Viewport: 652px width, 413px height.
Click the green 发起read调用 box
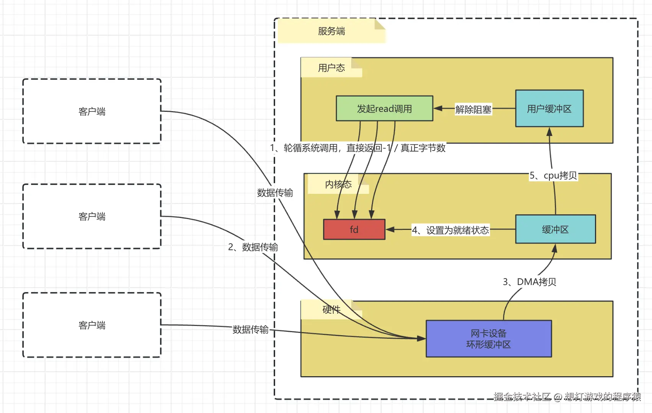(385, 108)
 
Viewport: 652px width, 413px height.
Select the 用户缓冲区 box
(549, 108)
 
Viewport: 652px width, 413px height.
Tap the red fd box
(354, 229)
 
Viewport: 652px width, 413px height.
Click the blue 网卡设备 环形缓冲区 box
(489, 339)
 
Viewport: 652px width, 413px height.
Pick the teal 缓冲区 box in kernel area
(555, 229)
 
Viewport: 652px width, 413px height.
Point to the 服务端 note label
(331, 31)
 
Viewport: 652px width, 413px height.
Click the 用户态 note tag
(331, 67)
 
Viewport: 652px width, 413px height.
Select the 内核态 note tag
(338, 184)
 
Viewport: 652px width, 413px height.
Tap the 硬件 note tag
(331, 310)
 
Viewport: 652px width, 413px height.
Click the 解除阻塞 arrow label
(473, 110)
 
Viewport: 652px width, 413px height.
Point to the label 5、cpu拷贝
(553, 175)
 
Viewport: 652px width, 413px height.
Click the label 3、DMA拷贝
(530, 282)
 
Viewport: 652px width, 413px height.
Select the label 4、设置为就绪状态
(450, 230)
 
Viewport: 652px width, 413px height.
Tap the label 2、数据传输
(253, 247)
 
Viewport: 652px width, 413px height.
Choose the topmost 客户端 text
(92, 111)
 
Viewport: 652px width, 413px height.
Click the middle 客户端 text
(92, 216)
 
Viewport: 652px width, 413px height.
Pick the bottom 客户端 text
(92, 325)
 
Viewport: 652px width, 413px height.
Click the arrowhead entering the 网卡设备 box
(422, 338)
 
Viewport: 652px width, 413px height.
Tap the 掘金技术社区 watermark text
(522, 397)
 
